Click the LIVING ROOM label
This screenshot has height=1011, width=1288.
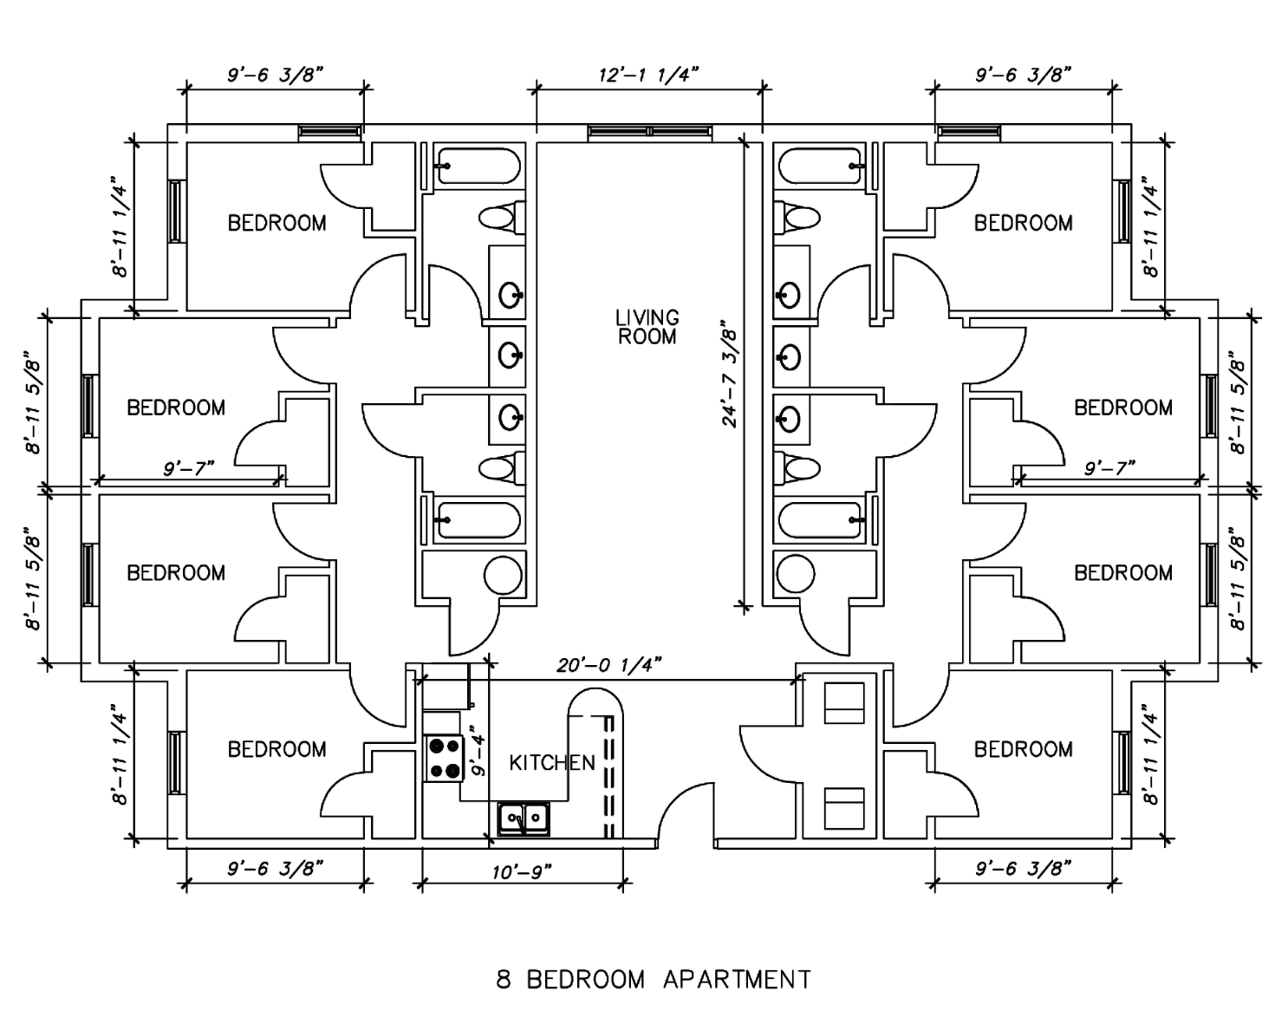click(x=647, y=327)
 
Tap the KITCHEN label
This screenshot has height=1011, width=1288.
click(x=552, y=763)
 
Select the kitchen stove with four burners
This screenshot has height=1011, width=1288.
click(x=444, y=758)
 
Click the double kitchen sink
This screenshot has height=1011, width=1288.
click(x=524, y=819)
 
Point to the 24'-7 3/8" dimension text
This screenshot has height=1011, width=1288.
click(x=730, y=375)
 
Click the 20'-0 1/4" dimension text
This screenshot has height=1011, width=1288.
click(x=609, y=665)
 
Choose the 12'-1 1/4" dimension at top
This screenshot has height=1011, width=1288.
click(x=648, y=75)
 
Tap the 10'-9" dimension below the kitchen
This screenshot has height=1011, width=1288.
click(x=522, y=871)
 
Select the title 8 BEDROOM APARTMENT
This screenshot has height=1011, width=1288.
click(x=654, y=980)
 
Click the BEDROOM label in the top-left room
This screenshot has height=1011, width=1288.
click(x=276, y=223)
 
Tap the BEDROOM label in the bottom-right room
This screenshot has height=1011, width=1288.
click(x=1023, y=749)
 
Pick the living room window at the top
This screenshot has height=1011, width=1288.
click(x=648, y=132)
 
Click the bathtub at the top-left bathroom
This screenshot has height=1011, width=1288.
click(x=478, y=166)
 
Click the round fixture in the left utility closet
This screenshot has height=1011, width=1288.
click(x=503, y=574)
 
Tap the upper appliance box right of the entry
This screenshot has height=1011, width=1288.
click(x=843, y=702)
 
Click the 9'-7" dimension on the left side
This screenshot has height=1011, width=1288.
click(x=189, y=469)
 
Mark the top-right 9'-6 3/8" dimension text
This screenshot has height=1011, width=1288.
click(x=1023, y=75)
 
